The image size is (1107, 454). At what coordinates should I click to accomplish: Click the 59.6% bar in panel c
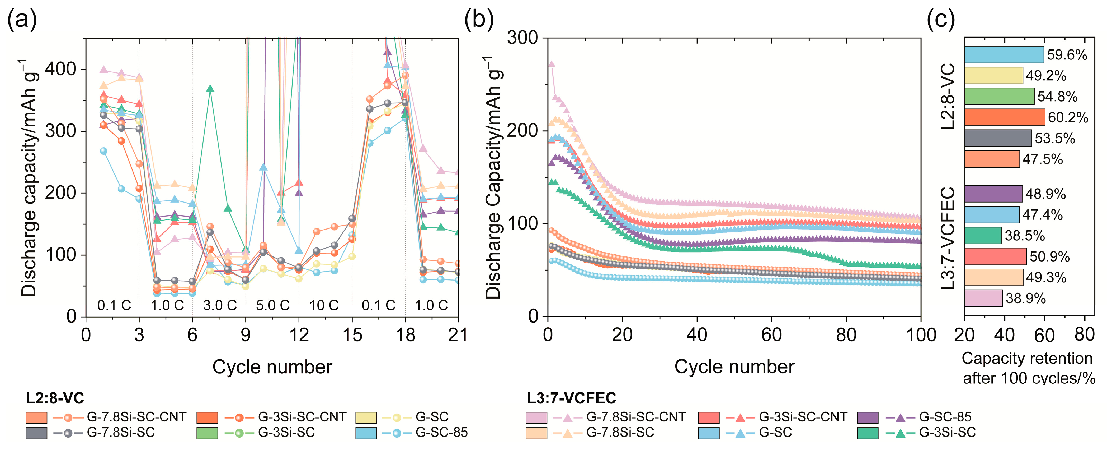[1004, 55]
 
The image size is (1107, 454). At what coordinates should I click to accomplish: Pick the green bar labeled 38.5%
[983, 235]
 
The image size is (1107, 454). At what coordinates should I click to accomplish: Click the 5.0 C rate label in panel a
[272, 306]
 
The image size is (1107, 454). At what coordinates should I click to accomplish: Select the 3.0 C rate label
[220, 306]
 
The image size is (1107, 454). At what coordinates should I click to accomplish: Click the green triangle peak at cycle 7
[210, 89]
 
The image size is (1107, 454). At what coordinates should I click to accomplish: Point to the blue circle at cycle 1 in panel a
[103, 151]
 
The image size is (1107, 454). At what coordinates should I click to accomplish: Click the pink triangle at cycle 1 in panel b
[551, 64]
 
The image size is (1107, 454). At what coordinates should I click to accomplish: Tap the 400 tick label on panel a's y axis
[60, 69]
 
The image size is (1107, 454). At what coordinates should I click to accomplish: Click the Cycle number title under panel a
[272, 367]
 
